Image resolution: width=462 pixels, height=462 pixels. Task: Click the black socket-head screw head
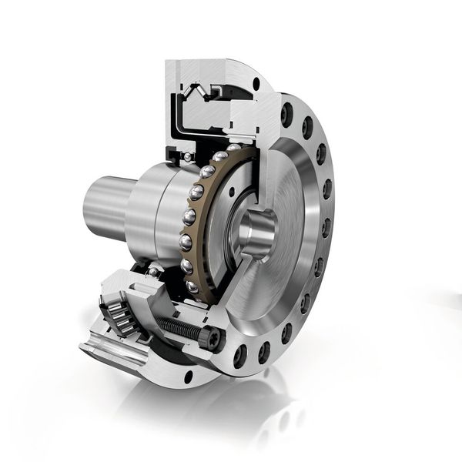pyautogui.click(x=206, y=337)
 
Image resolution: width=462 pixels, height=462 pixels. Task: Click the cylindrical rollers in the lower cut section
pyautogui.click(x=121, y=314)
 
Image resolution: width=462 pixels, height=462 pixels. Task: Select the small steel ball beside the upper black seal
pyautogui.click(x=188, y=158)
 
